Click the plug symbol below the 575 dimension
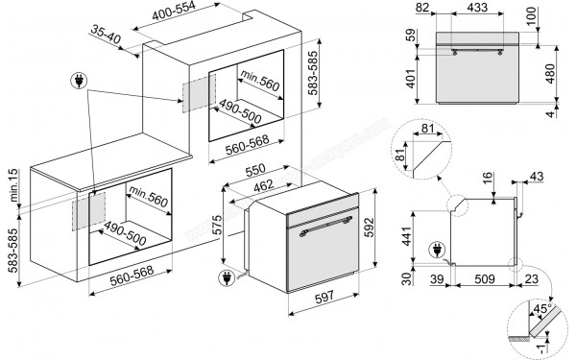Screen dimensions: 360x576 tap(228, 280)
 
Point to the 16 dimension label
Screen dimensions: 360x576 tap(487, 177)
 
